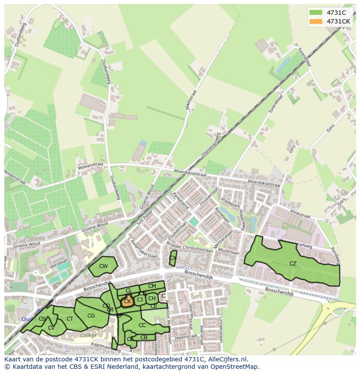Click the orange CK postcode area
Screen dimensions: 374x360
[127, 301]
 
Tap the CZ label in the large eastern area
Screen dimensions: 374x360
[293, 264]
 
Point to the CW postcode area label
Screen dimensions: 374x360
[103, 266]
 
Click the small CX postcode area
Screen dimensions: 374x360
[173, 258]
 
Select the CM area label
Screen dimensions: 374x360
[152, 286]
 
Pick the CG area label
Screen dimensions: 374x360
[91, 316]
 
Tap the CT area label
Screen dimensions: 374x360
[70, 319]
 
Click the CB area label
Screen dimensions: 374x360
[144, 338]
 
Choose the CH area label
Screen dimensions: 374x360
[152, 298]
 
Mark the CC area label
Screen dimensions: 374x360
[142, 325]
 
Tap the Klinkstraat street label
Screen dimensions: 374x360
[301, 215]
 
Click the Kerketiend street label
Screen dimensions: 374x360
[181, 200]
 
